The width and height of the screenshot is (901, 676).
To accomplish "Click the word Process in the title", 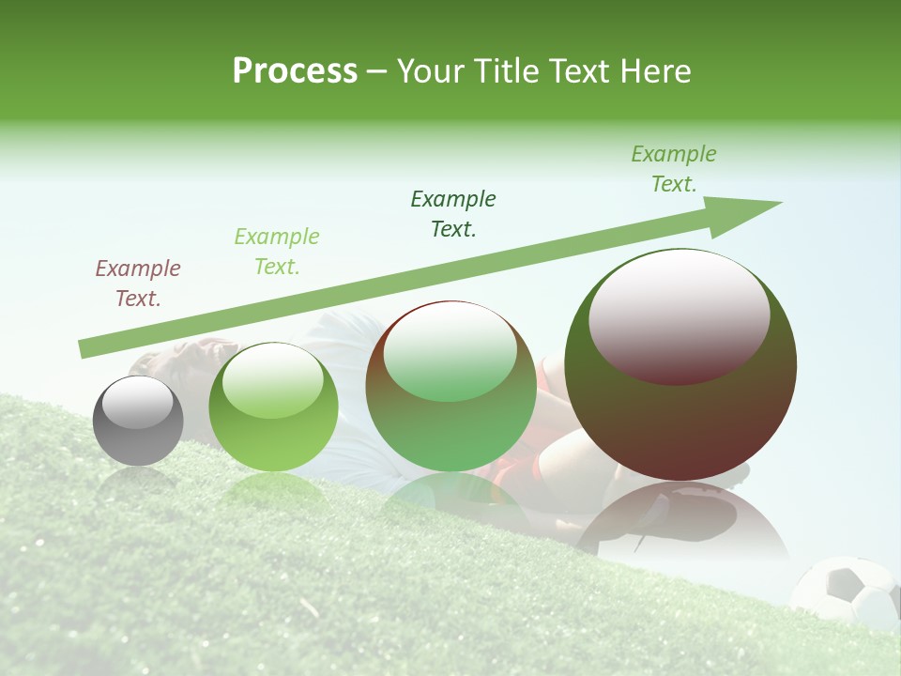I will click(295, 71).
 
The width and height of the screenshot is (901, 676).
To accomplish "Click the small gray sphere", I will click(138, 422).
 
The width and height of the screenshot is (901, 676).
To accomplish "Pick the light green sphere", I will click(273, 407).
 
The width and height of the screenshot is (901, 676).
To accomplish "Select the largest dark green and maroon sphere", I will click(680, 365).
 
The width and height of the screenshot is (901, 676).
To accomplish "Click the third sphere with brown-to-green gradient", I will click(450, 387).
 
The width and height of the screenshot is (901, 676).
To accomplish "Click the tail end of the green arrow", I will click(84, 349).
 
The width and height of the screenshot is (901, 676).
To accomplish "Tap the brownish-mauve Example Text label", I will click(138, 284).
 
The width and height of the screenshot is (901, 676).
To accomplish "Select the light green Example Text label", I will click(277, 252).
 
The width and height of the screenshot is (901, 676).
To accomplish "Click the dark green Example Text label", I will click(453, 214).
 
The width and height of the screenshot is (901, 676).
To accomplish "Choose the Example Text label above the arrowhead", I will click(674, 169).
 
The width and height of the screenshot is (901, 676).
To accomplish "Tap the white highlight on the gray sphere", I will click(137, 403).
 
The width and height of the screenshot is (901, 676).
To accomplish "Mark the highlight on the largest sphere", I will click(679, 316).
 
